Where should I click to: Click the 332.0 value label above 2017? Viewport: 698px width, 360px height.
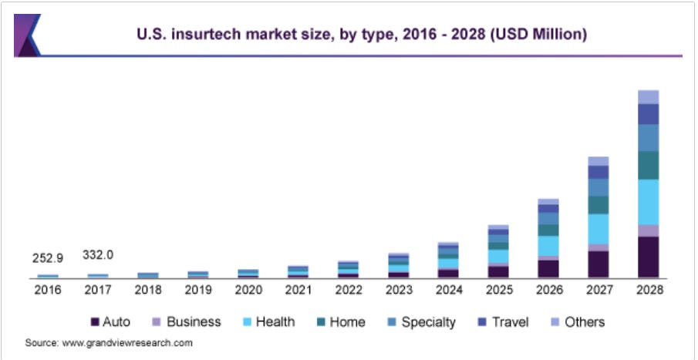(98, 254)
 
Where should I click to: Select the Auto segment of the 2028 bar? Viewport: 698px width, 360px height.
(648, 257)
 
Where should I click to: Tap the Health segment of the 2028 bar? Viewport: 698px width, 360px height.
(648, 202)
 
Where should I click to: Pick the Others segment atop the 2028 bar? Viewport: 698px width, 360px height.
(648, 96)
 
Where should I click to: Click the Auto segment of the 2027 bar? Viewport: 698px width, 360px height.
(599, 264)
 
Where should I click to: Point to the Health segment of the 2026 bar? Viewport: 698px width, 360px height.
(548, 245)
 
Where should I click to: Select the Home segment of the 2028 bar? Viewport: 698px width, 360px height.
(648, 165)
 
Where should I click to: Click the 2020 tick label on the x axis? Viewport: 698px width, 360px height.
(248, 289)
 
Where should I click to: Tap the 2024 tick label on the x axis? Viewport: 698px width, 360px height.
(448, 289)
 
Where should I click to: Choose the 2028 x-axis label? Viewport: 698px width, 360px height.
(648, 289)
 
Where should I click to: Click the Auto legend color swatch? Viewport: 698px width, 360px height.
(96, 322)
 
